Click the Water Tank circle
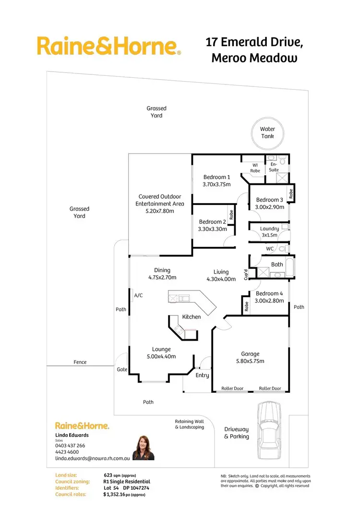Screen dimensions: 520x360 (267, 133)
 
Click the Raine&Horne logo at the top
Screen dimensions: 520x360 (108, 47)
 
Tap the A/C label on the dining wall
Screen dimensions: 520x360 (138, 295)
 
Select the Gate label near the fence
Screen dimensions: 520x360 (121, 370)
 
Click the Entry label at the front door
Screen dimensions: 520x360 (202, 375)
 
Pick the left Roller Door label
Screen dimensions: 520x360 (232, 388)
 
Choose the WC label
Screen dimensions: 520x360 (269, 249)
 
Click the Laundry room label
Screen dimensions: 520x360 (269, 229)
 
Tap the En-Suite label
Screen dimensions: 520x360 (274, 167)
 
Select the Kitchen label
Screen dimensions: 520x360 (191, 317)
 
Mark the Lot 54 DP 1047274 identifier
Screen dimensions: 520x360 (126, 487)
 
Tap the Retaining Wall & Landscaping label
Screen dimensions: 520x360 (189, 424)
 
